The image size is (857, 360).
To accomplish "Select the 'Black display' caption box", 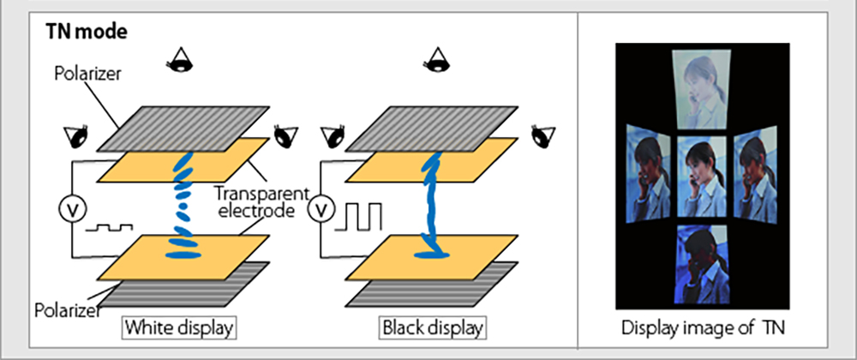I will (431, 327).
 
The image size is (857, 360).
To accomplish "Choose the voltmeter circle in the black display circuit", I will (324, 208).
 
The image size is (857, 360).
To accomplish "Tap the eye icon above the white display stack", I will (181, 60).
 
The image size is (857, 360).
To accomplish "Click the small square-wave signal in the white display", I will (109, 229).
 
